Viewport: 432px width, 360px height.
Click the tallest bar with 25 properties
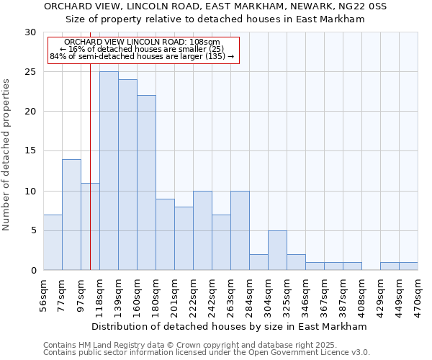[109, 171]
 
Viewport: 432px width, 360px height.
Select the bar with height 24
[127, 175]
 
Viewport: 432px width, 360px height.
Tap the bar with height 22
[146, 183]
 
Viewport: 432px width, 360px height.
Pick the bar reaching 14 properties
[71, 215]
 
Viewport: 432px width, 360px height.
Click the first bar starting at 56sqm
[53, 242]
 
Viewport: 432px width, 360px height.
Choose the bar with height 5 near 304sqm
[277, 250]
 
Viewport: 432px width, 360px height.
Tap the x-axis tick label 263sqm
[230, 294]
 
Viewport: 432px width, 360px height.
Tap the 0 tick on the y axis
[33, 270]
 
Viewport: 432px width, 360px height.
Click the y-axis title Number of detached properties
[7, 155]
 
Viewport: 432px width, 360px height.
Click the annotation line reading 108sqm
[142, 42]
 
